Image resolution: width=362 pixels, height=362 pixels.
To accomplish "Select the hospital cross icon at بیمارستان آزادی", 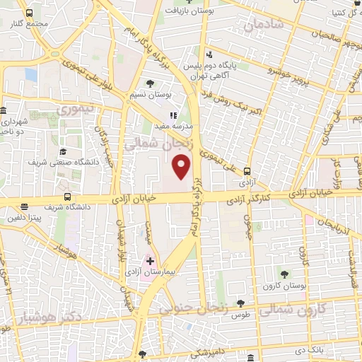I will (150, 261).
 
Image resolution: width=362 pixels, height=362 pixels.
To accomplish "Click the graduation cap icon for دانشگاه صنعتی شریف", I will (63, 151).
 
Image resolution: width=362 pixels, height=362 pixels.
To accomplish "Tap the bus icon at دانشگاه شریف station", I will (67, 198).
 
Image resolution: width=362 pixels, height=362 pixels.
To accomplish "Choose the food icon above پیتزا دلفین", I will (25, 207).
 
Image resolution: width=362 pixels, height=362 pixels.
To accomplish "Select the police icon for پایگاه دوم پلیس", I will (209, 54).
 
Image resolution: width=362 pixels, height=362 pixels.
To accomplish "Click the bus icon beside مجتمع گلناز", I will (28, 13).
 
